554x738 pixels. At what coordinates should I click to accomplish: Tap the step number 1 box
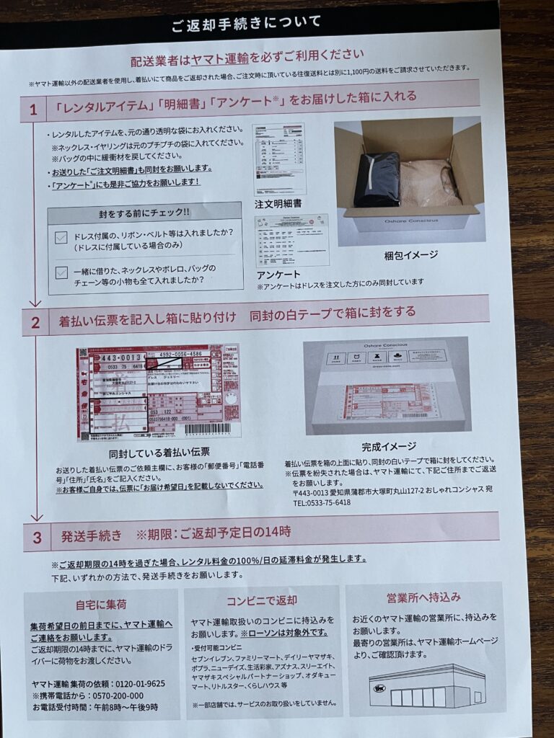click(33, 110)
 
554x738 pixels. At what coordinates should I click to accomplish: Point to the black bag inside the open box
click(377, 179)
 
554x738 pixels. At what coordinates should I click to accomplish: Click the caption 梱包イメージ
click(410, 254)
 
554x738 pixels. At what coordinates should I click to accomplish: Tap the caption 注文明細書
click(278, 204)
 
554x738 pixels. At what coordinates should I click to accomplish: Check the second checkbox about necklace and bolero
click(61, 272)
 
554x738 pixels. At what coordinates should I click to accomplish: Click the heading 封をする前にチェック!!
click(144, 213)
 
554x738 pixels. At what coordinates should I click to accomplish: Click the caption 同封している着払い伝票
click(159, 452)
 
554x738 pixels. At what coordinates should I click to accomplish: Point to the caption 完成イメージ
click(388, 446)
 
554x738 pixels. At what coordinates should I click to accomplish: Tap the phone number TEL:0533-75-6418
click(322, 502)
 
